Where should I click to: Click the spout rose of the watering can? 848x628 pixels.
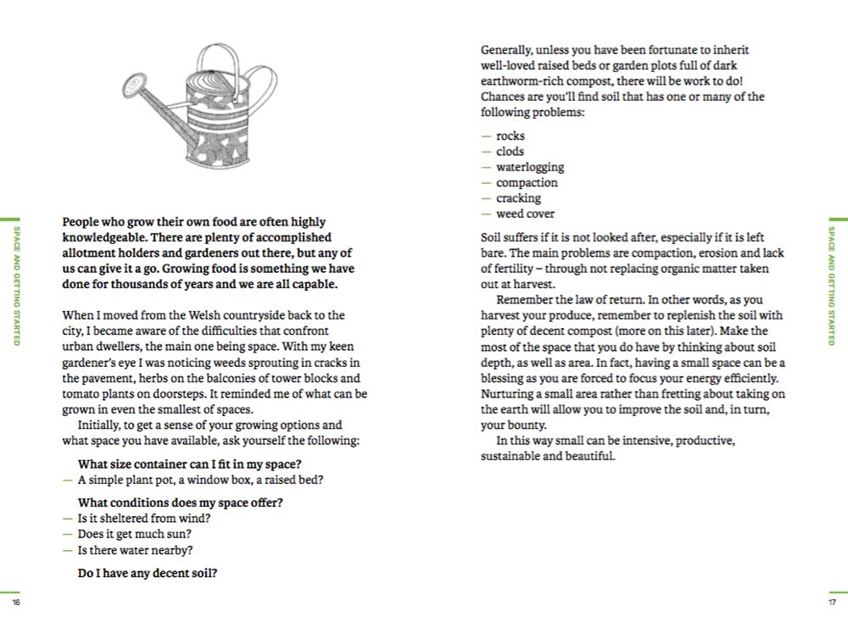133,86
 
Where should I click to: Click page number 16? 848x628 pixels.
16,603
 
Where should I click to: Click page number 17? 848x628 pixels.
832,603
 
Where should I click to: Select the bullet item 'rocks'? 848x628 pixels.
510,136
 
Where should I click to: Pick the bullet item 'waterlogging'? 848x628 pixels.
530,167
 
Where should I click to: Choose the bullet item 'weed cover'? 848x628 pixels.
525,214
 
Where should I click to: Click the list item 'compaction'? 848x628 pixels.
527,182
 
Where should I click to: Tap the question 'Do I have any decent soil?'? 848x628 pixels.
148,573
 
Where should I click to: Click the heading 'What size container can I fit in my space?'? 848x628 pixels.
190,464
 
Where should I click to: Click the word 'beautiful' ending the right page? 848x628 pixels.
589,456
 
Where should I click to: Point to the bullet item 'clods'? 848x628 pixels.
510,151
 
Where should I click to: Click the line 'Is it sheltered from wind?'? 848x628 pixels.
144,518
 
